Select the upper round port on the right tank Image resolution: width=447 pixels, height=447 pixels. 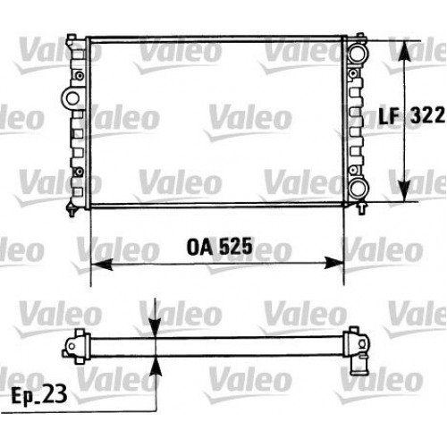(x=358, y=51)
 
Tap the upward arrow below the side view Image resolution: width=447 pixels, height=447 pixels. (x=157, y=365)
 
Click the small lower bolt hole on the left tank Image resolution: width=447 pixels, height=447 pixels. (x=79, y=171)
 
